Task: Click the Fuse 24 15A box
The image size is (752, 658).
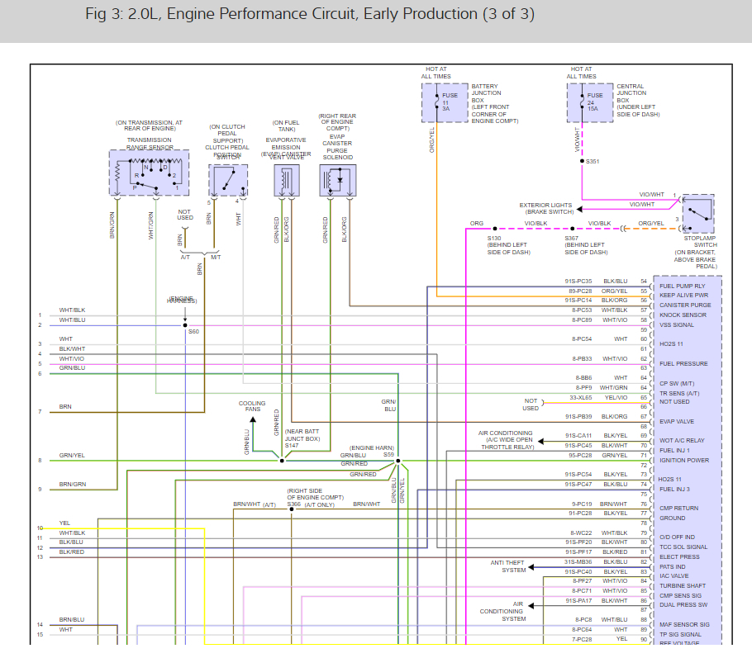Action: pos(589,102)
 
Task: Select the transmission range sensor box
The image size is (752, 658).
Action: pos(149,173)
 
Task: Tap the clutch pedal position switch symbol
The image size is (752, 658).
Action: pos(227,180)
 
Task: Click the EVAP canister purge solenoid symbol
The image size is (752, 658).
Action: pos(337,180)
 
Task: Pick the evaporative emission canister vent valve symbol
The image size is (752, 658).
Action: pos(285,180)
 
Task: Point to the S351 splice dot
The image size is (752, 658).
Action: pos(582,161)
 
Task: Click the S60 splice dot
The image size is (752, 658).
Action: pos(185,325)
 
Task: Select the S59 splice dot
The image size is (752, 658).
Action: pos(397,461)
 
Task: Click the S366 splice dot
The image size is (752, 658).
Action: pos(291,509)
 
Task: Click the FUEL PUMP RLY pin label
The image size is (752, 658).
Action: pos(682,286)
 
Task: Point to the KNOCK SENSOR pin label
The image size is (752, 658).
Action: pos(683,315)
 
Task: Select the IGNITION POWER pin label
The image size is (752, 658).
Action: pos(683,460)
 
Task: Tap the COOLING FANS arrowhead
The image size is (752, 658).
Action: pos(252,419)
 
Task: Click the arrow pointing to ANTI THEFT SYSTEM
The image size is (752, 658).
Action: pos(531,567)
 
